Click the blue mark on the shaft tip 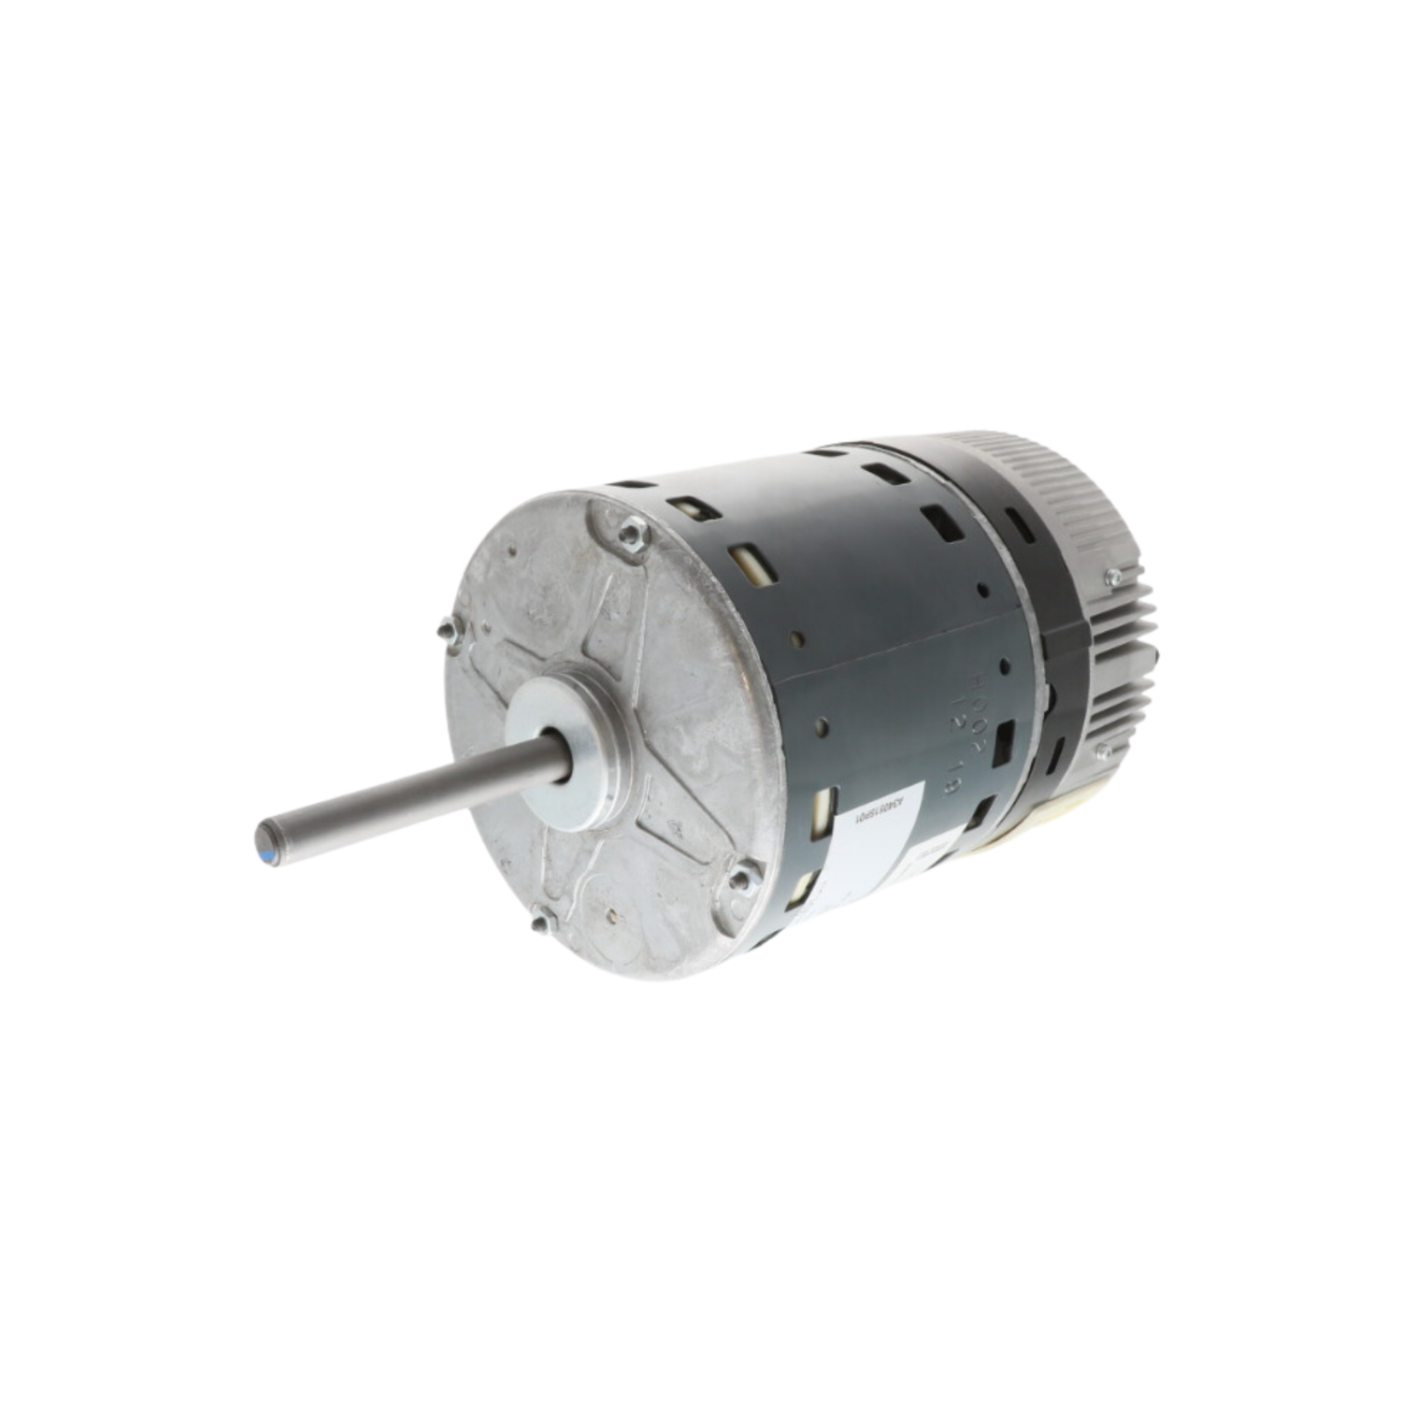point(268,854)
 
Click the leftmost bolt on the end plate point(449,632)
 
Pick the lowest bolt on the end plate point(541,923)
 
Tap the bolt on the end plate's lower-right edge point(743,879)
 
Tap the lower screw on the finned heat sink point(1104,750)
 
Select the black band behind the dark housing point(1061,654)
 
